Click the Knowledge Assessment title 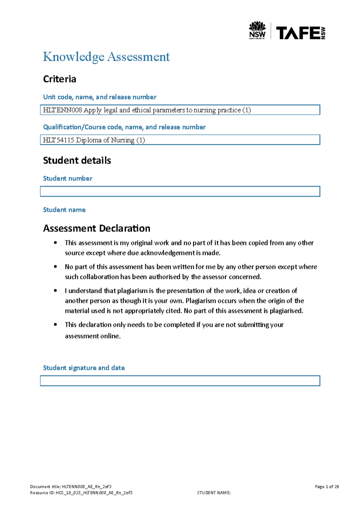[x=106, y=57]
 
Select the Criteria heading [x=59, y=79]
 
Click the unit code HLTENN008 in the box [x=62, y=110]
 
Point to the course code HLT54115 [x=58, y=140]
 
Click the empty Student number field [x=180, y=191]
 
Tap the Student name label [x=64, y=210]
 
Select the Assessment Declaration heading [x=97, y=228]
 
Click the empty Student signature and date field [x=180, y=381]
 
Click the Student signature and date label [x=84, y=368]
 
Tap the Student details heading [x=77, y=160]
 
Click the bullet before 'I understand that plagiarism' [x=55, y=290]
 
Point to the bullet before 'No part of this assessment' [x=55, y=266]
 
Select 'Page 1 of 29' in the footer [x=327, y=487]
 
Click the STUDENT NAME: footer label [x=214, y=493]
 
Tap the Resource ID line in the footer [x=81, y=493]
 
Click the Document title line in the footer [x=71, y=487]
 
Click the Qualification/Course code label [x=124, y=127]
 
